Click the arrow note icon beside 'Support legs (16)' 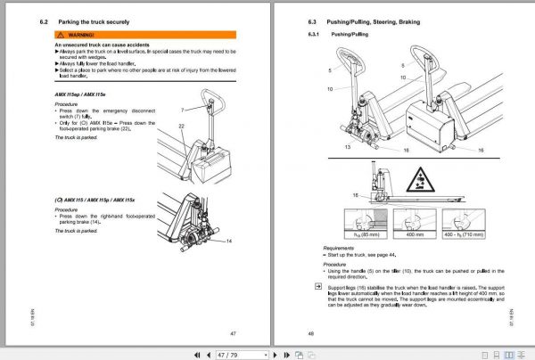click(x=306, y=288)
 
